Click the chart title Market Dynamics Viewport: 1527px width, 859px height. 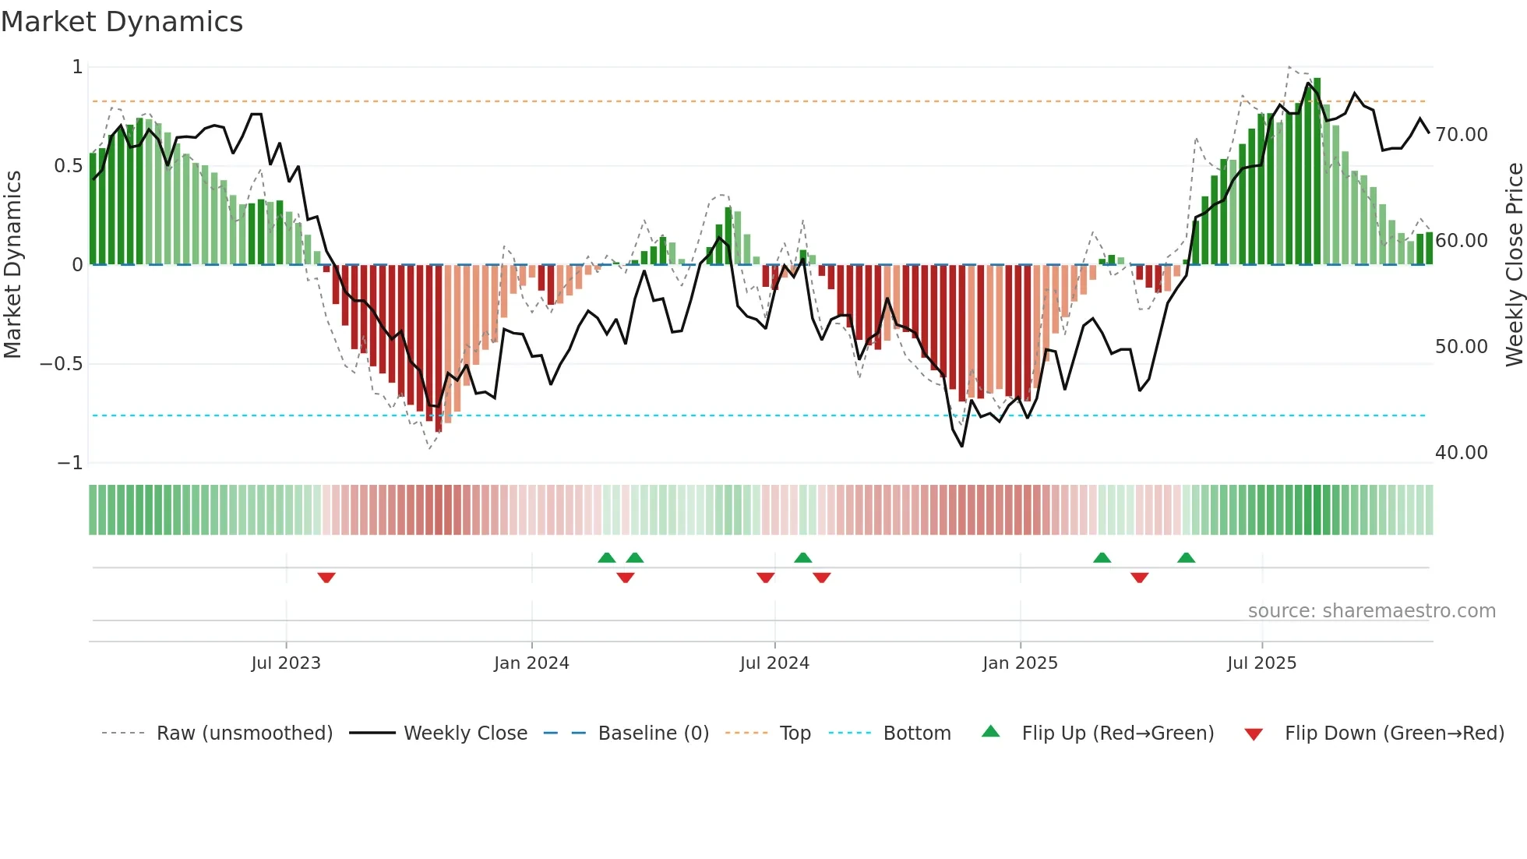122,22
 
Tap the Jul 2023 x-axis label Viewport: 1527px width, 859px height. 286,663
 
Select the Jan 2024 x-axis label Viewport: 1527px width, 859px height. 531,663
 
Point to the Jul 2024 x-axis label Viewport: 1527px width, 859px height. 774,663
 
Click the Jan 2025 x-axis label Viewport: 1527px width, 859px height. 1020,663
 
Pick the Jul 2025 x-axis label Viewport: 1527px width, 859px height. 1261,663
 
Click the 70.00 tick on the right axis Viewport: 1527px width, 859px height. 1462,135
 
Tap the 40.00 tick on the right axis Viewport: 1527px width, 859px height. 1462,453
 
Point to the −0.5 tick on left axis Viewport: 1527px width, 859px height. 61,364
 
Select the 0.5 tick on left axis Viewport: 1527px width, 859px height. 68,166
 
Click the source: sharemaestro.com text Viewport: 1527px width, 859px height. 1371,611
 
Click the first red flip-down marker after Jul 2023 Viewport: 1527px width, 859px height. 326,578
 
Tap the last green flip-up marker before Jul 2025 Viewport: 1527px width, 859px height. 1186,558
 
